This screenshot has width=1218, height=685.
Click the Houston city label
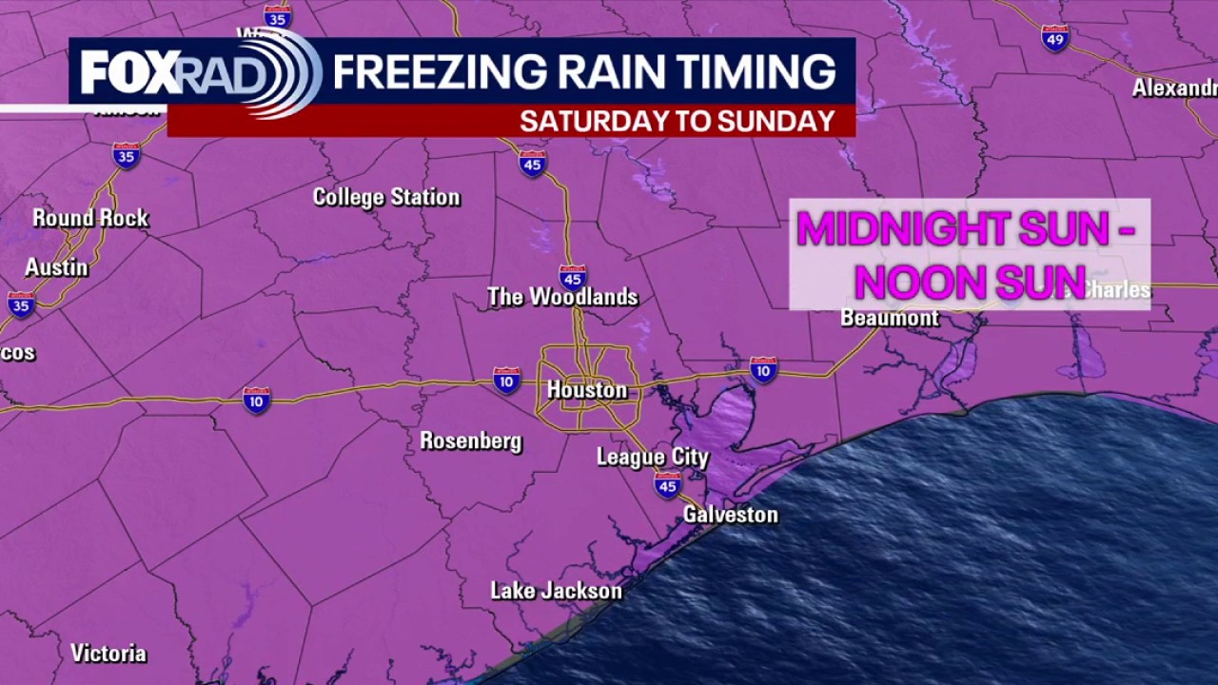point(587,390)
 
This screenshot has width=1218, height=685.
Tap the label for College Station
point(386,197)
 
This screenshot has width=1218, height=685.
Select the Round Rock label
point(90,218)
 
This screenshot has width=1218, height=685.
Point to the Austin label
point(56,267)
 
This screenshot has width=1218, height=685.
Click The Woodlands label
point(562,297)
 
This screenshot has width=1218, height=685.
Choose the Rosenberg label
point(471,440)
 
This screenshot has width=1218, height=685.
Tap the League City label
point(653,457)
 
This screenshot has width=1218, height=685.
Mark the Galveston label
point(731,515)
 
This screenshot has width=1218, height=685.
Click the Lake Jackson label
point(556,591)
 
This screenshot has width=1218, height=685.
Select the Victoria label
point(108,654)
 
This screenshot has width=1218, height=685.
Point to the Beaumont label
point(890,318)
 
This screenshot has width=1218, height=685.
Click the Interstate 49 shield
point(1055,38)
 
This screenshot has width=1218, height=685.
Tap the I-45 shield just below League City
point(667,485)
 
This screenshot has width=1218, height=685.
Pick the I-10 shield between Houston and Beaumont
point(763,369)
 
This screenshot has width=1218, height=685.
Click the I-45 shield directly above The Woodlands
point(572,276)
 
